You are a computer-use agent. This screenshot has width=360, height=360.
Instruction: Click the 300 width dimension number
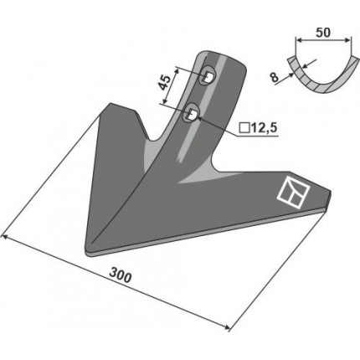tap(120, 275)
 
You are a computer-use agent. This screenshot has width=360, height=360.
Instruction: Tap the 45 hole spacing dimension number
tap(164, 83)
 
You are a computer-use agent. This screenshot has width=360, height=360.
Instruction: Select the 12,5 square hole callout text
tap(263, 128)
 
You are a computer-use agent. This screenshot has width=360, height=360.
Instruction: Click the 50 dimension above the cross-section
tap(323, 33)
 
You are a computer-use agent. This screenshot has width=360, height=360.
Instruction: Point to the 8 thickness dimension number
tap(275, 77)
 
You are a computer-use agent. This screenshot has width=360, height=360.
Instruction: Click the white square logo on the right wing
tap(293, 193)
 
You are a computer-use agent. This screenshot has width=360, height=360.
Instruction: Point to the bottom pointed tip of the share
tap(86, 253)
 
